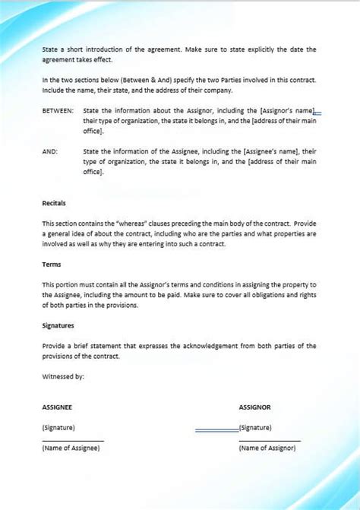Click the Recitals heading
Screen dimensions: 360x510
tap(55, 203)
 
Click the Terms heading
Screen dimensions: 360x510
tap(52, 265)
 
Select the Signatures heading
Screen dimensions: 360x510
tap(58, 325)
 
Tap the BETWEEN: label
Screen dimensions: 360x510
tap(58, 111)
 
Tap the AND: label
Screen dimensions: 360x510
tap(50, 151)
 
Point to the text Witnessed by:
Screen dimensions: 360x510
tap(63, 375)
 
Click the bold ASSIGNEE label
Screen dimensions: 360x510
tap(57, 407)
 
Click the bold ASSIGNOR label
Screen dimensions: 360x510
tap(254, 407)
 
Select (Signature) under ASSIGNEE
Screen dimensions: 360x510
tap(58, 427)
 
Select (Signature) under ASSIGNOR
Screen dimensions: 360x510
tap(255, 427)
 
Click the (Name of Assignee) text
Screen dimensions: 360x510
tap(71, 448)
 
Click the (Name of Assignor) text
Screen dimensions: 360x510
tap(267, 448)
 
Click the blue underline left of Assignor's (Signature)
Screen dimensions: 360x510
tap(216, 431)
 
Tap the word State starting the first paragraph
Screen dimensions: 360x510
tap(50, 49)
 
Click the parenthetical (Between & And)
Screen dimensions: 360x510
tap(138, 79)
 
